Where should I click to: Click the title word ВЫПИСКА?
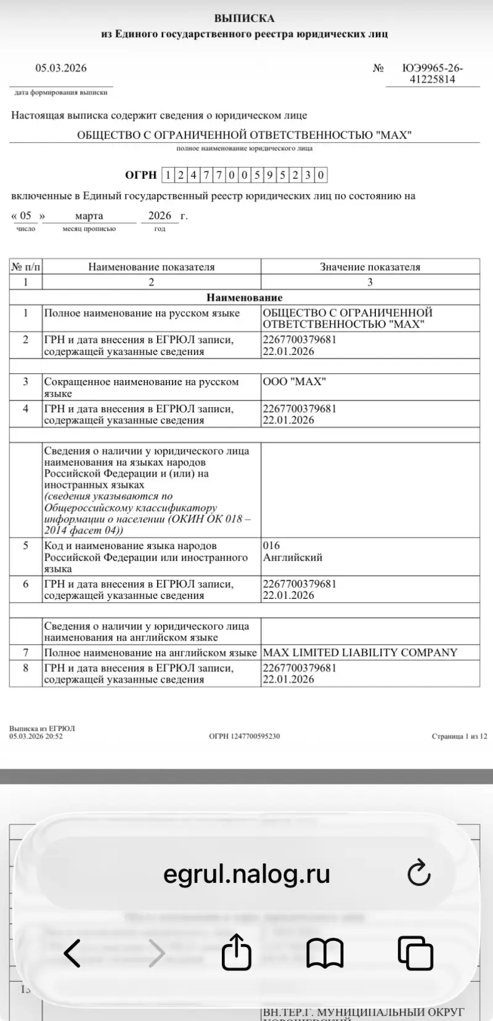point(244,18)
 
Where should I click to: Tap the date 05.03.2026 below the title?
point(60,68)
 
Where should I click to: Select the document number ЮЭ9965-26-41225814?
point(432,74)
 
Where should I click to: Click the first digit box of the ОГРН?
point(168,175)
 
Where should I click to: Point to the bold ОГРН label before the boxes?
point(141,175)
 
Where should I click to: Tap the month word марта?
point(89,216)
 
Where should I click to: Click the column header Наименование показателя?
point(151,267)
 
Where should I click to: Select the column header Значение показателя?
point(370,267)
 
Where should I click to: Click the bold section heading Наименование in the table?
point(244,298)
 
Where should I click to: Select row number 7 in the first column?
point(25,653)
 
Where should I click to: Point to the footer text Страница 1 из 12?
point(459,736)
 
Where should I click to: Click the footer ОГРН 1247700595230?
point(244,736)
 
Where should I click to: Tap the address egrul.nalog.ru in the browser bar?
point(246,874)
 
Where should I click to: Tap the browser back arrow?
point(72,953)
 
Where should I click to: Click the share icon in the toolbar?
point(237,953)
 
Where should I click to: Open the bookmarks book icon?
point(325,953)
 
